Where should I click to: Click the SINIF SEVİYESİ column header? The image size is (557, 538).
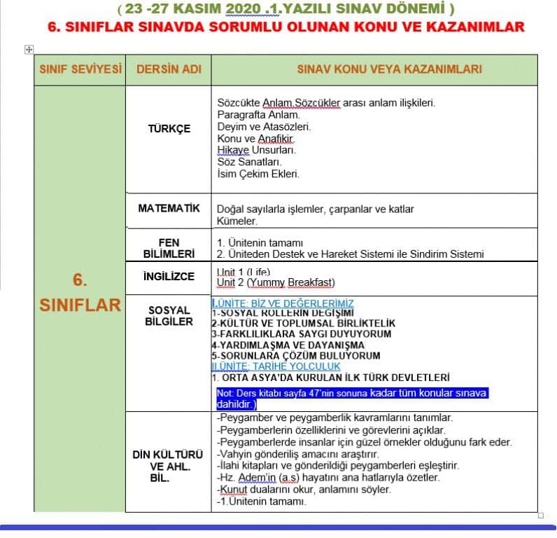[x=79, y=69]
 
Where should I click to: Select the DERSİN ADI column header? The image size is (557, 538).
[x=169, y=69]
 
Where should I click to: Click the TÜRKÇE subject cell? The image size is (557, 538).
[x=169, y=129]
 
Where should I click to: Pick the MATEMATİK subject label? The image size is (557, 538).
[x=169, y=208]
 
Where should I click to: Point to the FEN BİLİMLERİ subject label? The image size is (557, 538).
[x=169, y=247]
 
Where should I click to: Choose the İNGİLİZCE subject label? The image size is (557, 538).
[x=169, y=276]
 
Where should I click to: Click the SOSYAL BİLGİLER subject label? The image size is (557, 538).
[x=169, y=315]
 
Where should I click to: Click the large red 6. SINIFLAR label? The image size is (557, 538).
[x=80, y=293]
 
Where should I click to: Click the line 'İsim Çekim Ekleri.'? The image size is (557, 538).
[x=258, y=174]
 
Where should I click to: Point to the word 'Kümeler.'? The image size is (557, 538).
[x=237, y=221]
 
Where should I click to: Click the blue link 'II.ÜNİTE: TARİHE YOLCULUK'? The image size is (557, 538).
[x=276, y=366]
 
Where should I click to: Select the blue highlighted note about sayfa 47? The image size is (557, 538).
[x=352, y=398]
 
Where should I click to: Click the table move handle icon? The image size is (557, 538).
[x=28, y=49]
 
